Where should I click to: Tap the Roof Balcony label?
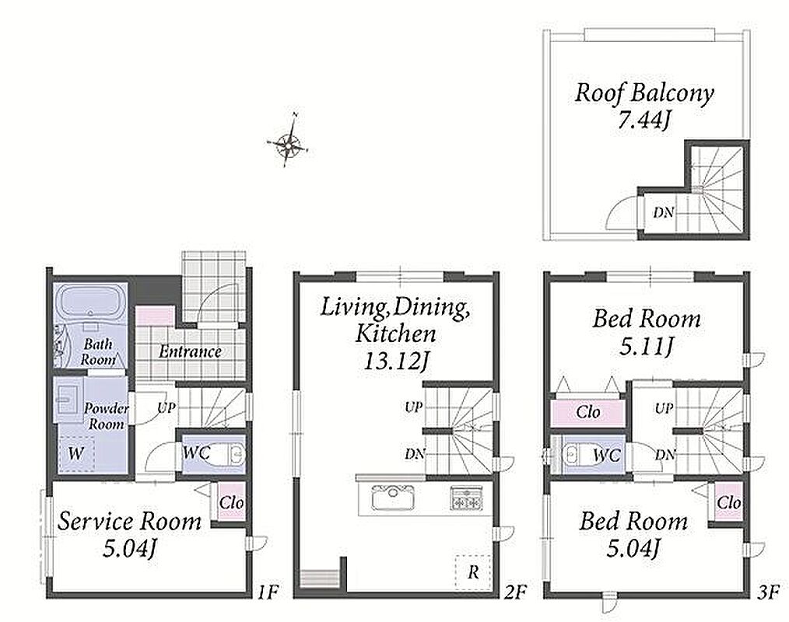(644, 93)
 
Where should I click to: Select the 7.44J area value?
(644, 121)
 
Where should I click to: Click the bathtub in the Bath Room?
(90, 301)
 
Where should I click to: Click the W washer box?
(76, 454)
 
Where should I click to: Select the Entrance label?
(190, 351)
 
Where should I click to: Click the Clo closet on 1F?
(231, 501)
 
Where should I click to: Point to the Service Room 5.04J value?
(130, 549)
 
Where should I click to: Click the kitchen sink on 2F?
(393, 498)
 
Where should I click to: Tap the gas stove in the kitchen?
(466, 498)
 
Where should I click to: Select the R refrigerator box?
(473, 572)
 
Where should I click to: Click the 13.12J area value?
(395, 361)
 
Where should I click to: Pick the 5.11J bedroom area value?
(646, 347)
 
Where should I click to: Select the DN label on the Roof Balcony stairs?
(663, 213)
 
